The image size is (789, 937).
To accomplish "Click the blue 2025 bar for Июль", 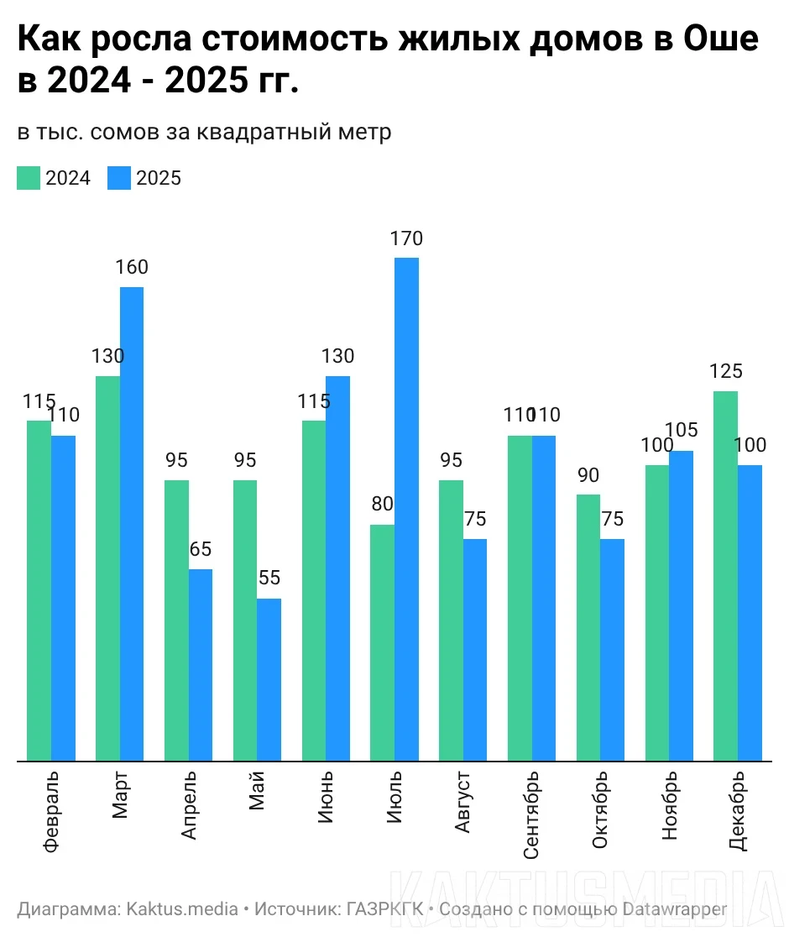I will [406, 509].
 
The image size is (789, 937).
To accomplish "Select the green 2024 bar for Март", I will [107, 568].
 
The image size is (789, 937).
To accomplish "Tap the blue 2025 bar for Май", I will [269, 679].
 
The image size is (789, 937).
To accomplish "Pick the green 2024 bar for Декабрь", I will [725, 576].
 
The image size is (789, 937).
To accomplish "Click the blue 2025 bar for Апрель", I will [200, 665].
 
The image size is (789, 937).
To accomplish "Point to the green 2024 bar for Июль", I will [382, 642].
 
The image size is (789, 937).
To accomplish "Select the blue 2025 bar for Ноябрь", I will [681, 605].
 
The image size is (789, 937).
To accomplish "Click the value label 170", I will [406, 238].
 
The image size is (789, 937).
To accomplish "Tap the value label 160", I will [132, 268].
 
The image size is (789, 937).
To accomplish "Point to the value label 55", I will [269, 578].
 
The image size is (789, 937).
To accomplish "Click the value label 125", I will [725, 372].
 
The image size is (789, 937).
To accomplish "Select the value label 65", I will [200, 550].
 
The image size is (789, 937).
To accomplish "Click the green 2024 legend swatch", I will [29, 178].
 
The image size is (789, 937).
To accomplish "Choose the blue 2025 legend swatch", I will [119, 178].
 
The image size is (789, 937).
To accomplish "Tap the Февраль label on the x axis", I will [51, 811].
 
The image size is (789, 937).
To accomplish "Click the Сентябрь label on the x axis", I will [531, 814].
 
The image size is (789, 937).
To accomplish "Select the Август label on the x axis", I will [462, 804].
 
